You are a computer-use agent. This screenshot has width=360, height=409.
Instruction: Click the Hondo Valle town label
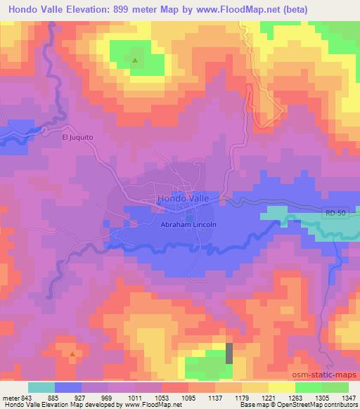point(184,198)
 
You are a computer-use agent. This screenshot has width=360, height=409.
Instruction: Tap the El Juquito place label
point(77,138)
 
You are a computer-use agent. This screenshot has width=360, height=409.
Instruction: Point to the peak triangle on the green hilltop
point(135,60)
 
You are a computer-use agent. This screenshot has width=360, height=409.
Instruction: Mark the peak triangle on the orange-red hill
point(72,353)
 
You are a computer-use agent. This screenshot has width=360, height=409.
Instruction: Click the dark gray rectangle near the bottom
point(229,353)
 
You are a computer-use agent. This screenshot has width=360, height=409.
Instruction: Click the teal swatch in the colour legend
point(41,387)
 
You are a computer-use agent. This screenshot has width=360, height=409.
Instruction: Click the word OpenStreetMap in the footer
point(305,405)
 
